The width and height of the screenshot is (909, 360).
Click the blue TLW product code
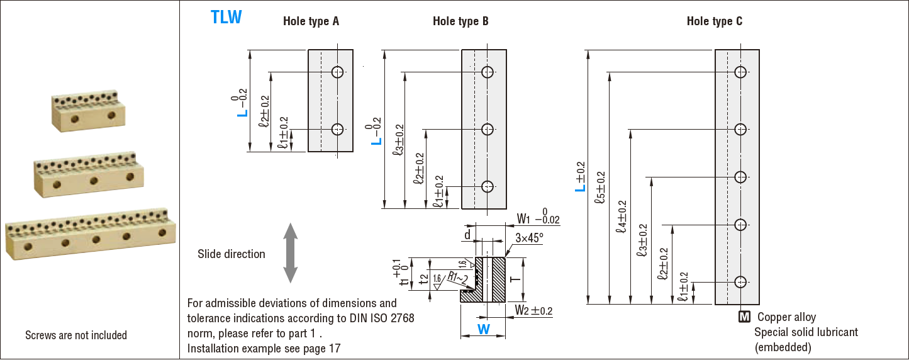(226, 17)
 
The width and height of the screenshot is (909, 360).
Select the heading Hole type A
(311, 21)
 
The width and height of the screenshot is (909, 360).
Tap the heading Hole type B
(460, 21)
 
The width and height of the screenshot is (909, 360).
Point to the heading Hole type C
(714, 21)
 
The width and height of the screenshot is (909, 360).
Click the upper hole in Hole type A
(338, 72)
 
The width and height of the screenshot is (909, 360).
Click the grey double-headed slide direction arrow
(290, 253)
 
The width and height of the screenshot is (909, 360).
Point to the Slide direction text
(231, 254)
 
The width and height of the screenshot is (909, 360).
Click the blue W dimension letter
(483, 329)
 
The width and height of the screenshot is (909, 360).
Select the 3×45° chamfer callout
(528, 239)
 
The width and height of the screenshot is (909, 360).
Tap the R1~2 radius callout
(459, 277)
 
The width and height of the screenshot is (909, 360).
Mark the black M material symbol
(744, 317)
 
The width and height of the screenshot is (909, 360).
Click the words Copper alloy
(786, 317)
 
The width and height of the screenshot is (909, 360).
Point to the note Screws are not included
(76, 335)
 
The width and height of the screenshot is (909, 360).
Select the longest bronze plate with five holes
(88, 234)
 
